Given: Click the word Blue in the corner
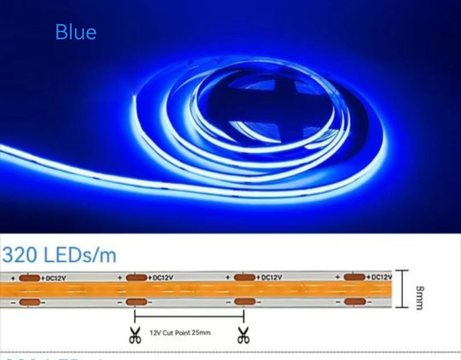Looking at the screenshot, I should coord(76,32).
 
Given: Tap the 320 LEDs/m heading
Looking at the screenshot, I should coord(59,255).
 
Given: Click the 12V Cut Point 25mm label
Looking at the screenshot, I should coord(180,332).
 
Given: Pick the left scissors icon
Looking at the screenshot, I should coord(135,335).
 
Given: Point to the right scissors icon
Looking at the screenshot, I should coord(244,335).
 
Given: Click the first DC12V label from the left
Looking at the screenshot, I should coord(55,278).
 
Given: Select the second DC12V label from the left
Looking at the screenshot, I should coord(163,278).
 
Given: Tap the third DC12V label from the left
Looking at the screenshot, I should coord(270,278).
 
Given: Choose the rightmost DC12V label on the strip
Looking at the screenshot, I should coord(381,277).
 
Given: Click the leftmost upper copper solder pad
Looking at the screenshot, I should coord(29,278).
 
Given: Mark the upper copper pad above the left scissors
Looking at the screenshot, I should coord(137,278).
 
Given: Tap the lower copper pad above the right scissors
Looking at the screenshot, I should coord(244,302).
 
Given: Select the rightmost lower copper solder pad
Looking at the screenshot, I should coord(355,302).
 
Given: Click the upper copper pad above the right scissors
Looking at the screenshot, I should coord(245,278).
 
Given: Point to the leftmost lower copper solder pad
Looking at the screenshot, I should coord(29,302).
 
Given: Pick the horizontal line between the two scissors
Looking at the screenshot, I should coord(189,316).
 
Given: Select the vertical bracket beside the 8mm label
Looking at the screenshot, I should coord(401,289).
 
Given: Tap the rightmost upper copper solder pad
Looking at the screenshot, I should coord(355,277).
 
